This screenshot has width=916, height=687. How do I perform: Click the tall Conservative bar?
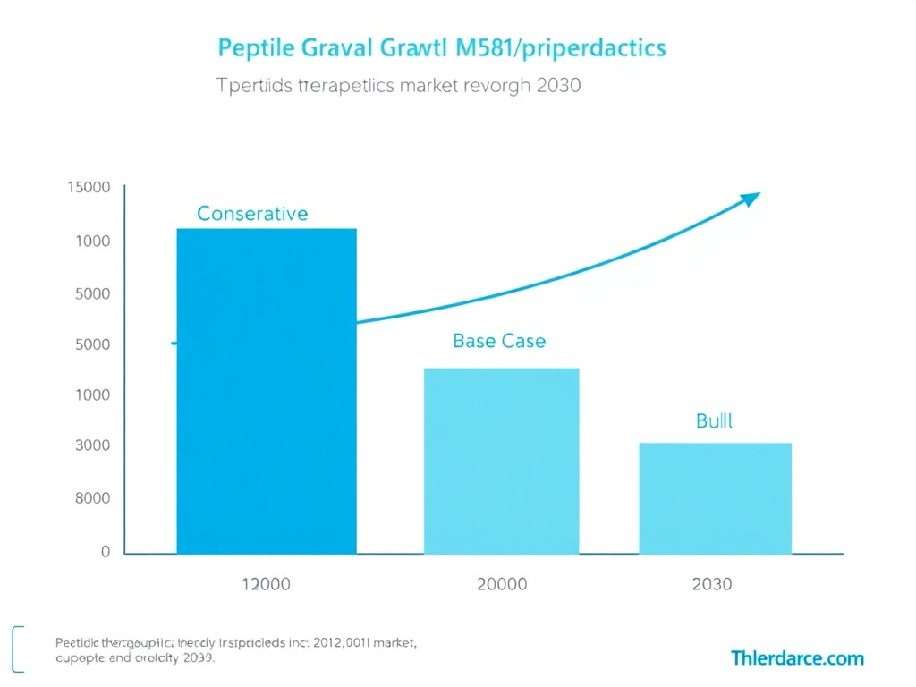(267, 391)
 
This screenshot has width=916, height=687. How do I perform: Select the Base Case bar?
(501, 461)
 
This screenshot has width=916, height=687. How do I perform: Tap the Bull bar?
(715, 498)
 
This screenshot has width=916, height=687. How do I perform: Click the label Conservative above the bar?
(252, 214)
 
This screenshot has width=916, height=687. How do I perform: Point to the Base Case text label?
(499, 341)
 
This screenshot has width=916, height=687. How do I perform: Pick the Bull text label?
(714, 420)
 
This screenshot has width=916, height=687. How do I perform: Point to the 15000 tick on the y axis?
(89, 188)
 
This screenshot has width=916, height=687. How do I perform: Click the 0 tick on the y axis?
(105, 552)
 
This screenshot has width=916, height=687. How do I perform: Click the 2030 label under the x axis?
(712, 584)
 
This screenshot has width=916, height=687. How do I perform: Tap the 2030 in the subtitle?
(555, 87)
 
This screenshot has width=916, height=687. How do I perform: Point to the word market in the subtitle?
(420, 87)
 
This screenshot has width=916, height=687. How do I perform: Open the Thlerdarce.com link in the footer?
(797, 658)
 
